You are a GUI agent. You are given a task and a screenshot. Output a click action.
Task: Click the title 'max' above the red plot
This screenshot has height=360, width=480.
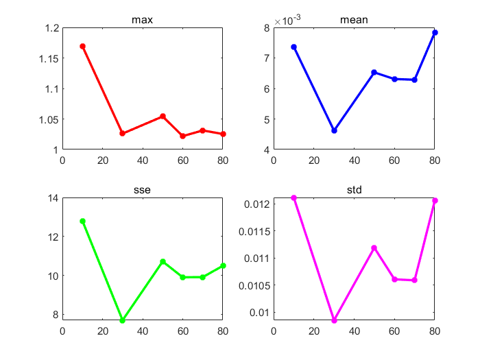click(142, 20)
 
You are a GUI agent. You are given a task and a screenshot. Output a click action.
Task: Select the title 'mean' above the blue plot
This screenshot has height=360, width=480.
click(354, 20)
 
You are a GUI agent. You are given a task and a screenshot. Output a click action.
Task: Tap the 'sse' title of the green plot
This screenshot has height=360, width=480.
click(142, 190)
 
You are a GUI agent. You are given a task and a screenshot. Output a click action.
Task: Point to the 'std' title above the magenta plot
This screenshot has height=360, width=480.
click(354, 190)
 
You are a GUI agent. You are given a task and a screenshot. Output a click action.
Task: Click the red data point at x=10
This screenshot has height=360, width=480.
click(82, 46)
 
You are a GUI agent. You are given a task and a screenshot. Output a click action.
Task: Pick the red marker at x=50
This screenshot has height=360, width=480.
click(163, 116)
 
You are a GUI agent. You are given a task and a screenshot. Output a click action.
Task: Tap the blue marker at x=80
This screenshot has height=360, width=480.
click(435, 32)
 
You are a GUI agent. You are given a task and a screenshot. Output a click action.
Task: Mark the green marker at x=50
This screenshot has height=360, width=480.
click(163, 261)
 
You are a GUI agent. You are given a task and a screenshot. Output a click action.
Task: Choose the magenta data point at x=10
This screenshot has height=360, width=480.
click(293, 197)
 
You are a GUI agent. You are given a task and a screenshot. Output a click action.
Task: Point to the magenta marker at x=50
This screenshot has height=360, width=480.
click(374, 248)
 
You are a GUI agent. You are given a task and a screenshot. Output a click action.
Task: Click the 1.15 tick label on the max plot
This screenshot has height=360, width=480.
click(46, 58)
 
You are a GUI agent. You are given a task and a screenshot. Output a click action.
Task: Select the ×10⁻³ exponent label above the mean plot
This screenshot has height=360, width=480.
click(287, 21)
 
